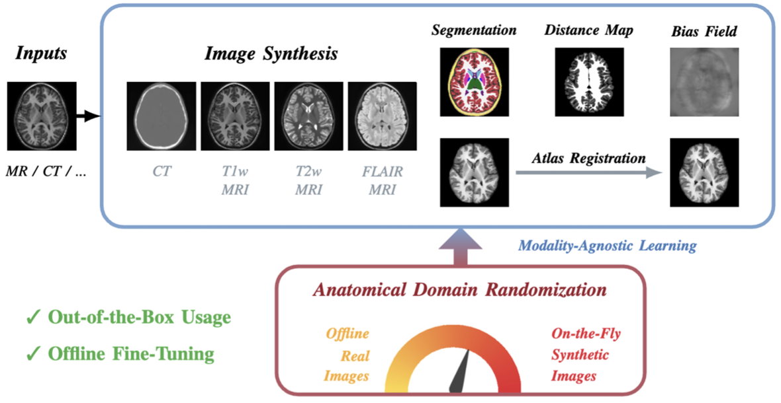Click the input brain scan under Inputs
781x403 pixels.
(41, 116)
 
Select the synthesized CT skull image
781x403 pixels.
(161, 116)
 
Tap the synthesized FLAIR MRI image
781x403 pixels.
(382, 116)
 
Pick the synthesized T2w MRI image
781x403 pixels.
(308, 116)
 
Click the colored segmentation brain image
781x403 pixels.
(474, 82)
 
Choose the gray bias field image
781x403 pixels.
(703, 82)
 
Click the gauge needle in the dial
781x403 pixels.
(462, 372)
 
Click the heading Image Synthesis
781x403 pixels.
(271, 54)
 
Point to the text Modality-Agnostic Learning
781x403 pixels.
(606, 246)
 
